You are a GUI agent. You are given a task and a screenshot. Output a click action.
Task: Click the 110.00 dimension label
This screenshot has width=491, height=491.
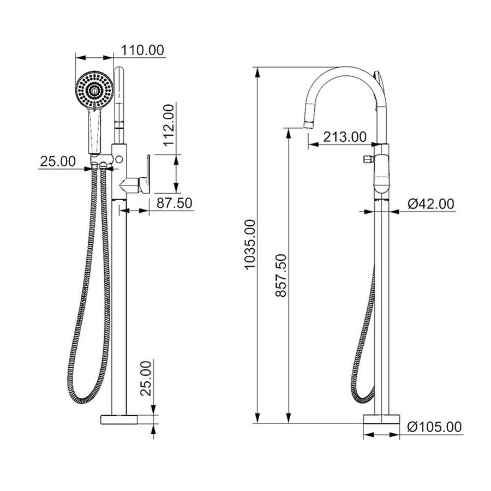coord(142,50)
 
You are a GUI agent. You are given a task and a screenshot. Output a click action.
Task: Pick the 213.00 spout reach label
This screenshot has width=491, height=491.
coord(344,136)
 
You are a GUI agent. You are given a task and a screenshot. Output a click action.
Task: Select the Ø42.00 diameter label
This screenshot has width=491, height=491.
coord(430,203)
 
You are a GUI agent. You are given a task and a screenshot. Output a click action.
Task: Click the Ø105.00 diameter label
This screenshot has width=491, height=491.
coord(434,427)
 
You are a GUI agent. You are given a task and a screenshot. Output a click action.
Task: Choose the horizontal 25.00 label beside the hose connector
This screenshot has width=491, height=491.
coord(57,161)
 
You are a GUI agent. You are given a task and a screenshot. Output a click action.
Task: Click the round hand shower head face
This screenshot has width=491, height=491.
coord(94,89)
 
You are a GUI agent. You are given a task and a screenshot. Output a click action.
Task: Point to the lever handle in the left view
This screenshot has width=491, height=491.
coord(139,177)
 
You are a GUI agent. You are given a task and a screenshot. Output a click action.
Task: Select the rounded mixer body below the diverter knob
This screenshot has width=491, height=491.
coord(382,177)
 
